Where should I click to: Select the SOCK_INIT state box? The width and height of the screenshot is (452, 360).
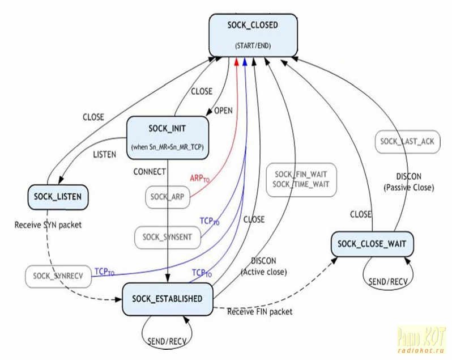(167, 135)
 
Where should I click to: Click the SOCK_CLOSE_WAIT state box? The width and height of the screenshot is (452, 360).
(372, 244)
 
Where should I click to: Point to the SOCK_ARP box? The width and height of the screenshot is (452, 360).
(167, 197)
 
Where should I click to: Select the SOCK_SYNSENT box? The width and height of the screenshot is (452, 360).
(168, 236)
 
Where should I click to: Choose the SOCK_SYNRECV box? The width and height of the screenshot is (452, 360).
(58, 276)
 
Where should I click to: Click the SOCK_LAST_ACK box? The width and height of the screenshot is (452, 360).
(407, 142)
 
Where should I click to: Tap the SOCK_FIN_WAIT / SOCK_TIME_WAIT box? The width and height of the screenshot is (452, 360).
(301, 180)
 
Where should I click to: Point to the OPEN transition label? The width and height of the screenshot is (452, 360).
(223, 111)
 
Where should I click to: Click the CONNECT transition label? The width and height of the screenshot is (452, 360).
(150, 171)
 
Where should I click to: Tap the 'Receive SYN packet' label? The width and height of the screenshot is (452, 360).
(48, 225)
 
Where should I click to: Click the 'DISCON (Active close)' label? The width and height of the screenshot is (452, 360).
(264, 266)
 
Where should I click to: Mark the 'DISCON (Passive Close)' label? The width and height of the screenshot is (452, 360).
(408, 181)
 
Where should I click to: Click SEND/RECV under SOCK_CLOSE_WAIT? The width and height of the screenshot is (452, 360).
(388, 281)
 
